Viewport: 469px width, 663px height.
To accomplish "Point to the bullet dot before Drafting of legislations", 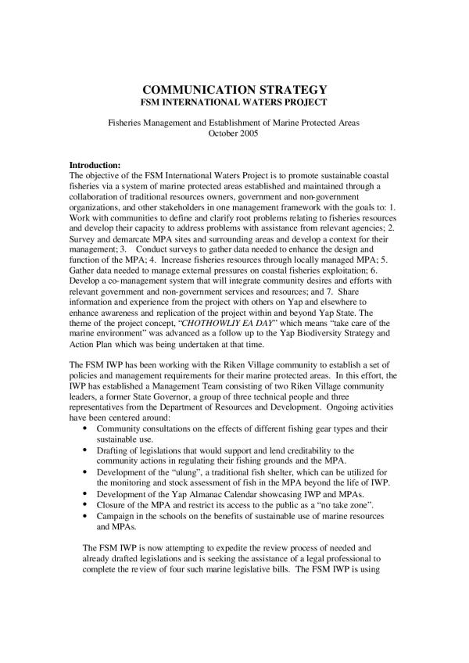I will point(84,452).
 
